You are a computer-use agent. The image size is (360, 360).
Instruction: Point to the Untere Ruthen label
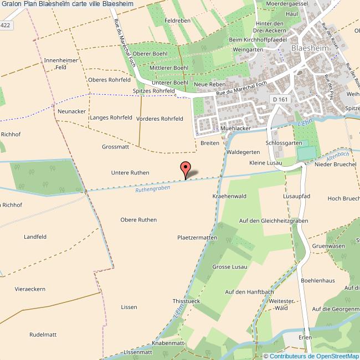[130, 173]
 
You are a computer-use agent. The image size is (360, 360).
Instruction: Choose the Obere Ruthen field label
[138, 220]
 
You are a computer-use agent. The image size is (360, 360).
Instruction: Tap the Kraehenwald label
[229, 196]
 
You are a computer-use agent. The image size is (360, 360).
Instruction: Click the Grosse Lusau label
[229, 267]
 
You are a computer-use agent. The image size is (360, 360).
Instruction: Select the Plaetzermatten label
[197, 238]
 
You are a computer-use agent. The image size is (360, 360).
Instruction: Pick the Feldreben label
[177, 20]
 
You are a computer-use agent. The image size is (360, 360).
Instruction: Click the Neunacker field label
[71, 111]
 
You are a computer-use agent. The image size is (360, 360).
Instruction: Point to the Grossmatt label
[115, 147]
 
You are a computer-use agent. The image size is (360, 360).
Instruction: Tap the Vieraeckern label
[30, 289]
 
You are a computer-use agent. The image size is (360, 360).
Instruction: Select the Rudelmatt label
[43, 335]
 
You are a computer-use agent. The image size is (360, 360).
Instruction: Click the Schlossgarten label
[282, 143]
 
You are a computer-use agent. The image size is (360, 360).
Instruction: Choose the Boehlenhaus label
[318, 281]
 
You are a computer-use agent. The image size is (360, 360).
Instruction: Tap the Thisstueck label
[186, 301]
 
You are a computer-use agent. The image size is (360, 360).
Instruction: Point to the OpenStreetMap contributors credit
[311, 356]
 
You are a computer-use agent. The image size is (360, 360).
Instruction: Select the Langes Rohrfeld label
[111, 118]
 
